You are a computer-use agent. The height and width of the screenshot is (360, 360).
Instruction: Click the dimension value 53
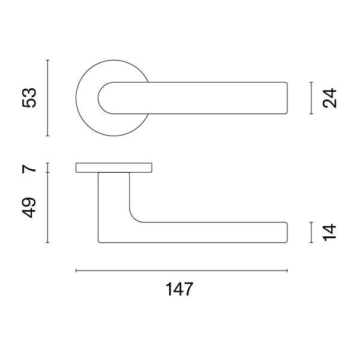coord(29,98)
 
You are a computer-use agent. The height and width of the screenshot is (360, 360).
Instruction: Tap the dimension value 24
coord(329,98)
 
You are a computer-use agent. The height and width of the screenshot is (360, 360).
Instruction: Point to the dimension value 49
coord(29,208)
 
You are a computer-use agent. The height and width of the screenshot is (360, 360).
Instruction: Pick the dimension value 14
coord(329,232)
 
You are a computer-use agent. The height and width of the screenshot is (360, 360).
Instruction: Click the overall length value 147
coord(179,289)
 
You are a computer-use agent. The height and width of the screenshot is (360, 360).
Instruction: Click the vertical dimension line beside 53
coord(47,98)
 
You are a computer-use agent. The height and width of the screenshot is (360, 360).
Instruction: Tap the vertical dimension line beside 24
coord(311,98)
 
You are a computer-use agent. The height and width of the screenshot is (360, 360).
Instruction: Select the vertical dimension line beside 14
coord(311,232)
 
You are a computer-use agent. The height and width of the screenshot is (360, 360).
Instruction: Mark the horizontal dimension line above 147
coord(182,271)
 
